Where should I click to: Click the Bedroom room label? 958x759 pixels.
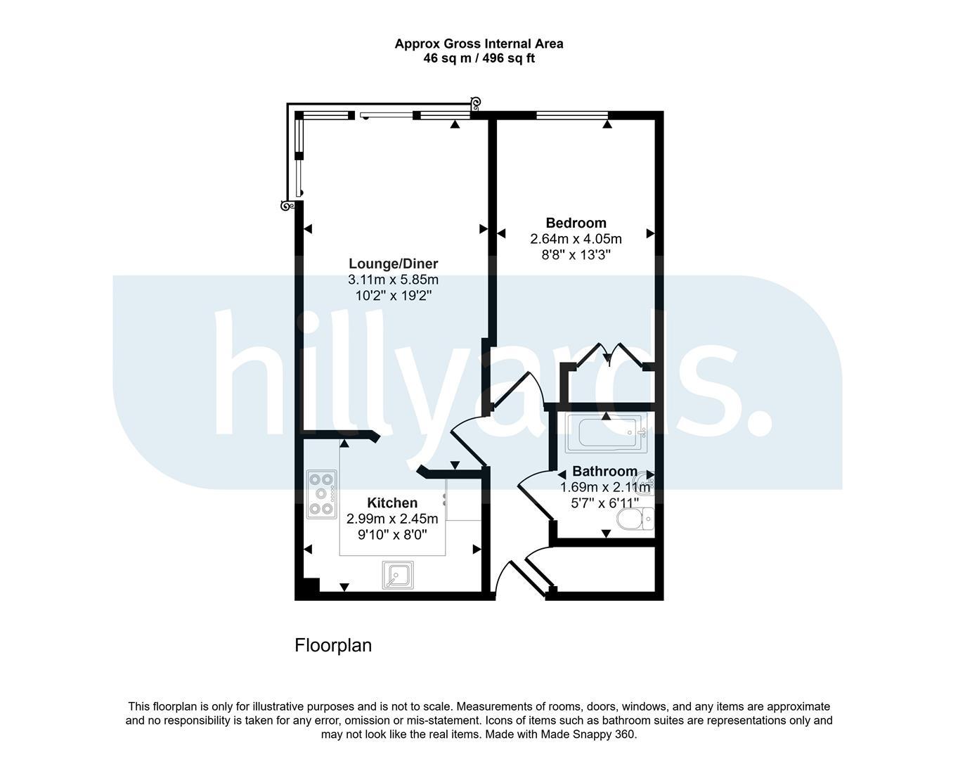coord(576,223)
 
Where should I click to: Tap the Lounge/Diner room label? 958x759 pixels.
coord(393,264)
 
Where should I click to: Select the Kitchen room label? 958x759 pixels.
coord(392,502)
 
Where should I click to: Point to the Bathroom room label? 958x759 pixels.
coord(604,471)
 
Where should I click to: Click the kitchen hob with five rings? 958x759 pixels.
coord(321,494)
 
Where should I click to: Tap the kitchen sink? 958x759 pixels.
coord(398,575)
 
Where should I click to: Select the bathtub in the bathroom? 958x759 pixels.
coord(606,433)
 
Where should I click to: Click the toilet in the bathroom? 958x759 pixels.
coord(635,519)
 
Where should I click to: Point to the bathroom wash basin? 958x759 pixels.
coord(645,482)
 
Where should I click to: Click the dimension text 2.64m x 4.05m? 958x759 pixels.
coord(576,239)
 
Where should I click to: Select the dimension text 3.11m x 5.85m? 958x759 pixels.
coord(393,280)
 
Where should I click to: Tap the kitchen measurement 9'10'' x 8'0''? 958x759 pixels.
coord(392,535)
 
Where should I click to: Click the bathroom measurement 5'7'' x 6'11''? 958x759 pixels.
coord(604,503)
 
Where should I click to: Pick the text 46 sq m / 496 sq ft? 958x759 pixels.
coord(479,58)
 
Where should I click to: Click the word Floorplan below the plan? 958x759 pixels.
coord(333,645)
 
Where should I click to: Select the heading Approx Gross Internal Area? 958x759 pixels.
coord(479,44)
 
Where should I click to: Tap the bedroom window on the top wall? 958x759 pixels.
coord(572,115)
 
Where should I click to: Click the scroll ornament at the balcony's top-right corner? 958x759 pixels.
coord(476,104)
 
